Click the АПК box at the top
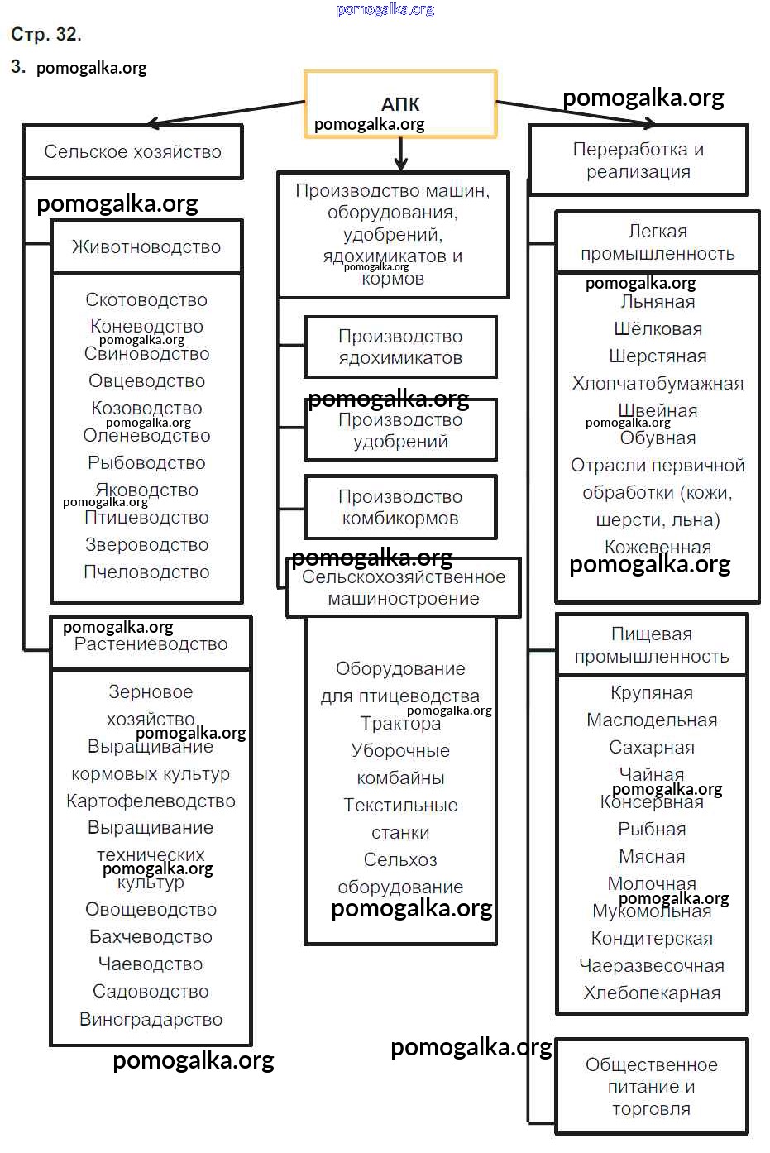tap(400, 104)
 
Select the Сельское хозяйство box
tap(132, 151)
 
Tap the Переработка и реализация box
tap(638, 160)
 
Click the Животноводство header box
tap(146, 246)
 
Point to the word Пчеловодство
tap(146, 572)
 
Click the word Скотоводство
tap(146, 299)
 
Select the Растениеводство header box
tap(151, 643)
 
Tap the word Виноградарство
tap(151, 1019)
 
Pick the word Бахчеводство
tap(151, 936)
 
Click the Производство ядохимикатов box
tap(400, 347)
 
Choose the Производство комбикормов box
tap(400, 507)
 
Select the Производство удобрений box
tap(400, 430)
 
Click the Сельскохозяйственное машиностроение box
tap(404, 587)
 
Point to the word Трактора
tap(400, 723)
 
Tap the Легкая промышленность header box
tap(658, 242)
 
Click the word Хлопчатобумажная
tap(658, 383)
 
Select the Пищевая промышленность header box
tap(652, 645)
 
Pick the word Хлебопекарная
tap(652, 993)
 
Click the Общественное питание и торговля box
tap(651, 1086)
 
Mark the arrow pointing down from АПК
tap(401, 154)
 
